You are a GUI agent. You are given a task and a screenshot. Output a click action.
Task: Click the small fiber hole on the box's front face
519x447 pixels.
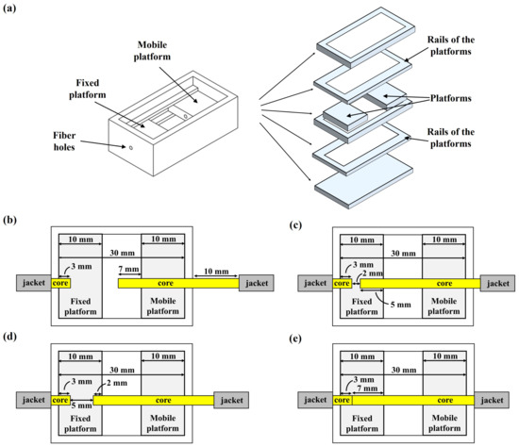point(131,148)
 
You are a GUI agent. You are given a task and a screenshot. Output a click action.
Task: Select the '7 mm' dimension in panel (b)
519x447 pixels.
point(126,271)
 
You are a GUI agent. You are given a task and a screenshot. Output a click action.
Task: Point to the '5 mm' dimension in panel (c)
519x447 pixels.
point(388,302)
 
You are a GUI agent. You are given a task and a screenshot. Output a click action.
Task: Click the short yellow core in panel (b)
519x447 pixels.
point(60,282)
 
